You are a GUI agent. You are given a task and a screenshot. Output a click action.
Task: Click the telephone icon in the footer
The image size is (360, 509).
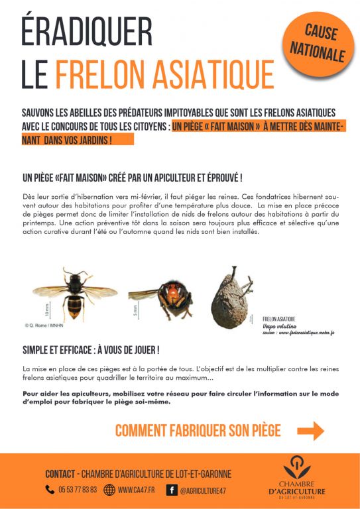coord(50,490)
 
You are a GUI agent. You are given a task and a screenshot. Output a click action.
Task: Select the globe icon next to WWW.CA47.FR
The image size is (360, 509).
coord(109,490)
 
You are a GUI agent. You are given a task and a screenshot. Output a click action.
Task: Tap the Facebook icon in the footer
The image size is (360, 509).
coord(171,490)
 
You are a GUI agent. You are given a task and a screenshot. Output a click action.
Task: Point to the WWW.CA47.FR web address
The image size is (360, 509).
coord(137,490)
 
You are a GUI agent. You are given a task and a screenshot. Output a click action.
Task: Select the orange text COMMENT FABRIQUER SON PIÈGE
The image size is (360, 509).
coord(198,430)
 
